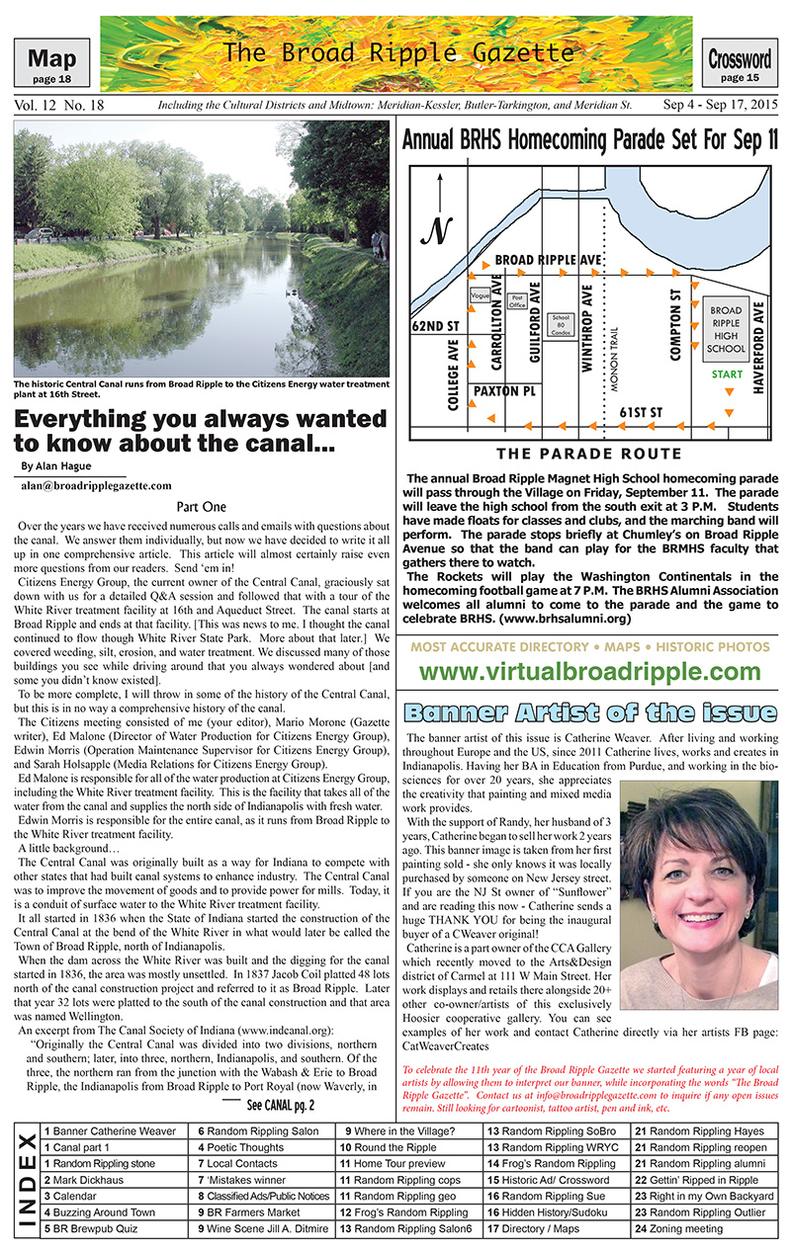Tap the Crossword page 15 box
click(x=740, y=64)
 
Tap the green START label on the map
click(x=727, y=376)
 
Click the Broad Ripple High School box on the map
click(x=727, y=329)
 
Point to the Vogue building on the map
click(x=482, y=295)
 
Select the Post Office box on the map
click(x=516, y=300)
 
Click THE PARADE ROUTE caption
click(x=589, y=454)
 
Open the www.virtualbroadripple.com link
click(x=589, y=672)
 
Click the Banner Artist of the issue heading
click(x=589, y=711)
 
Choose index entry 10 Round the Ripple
click(x=388, y=1147)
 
